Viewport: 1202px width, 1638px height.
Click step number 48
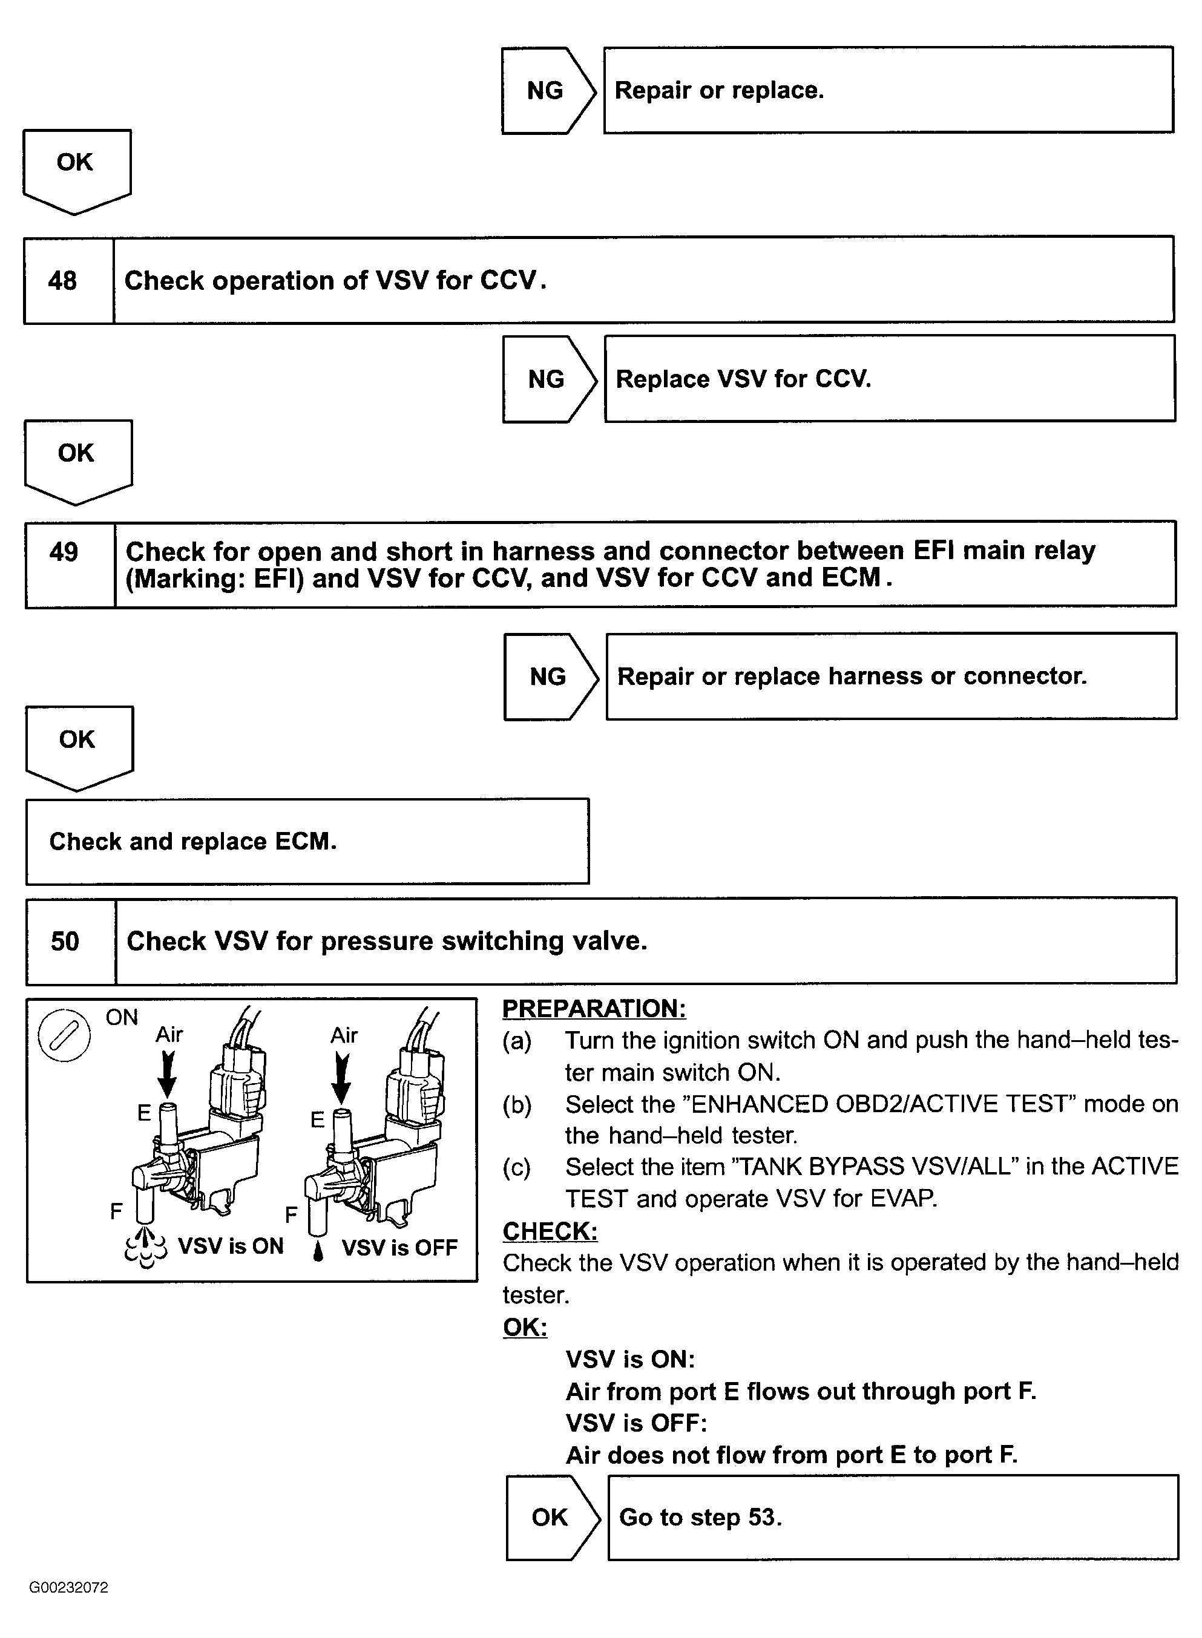pos(62,281)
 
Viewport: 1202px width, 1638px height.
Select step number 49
pos(64,552)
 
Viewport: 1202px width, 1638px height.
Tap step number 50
pos(65,941)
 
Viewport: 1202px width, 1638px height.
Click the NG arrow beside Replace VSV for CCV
pos(547,379)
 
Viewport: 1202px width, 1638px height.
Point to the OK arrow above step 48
pos(76,167)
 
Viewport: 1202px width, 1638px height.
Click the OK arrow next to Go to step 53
pos(551,1517)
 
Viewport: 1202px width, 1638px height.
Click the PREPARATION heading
pos(594,1009)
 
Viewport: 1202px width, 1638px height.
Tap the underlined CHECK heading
pos(550,1231)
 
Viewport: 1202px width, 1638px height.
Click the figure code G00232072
pos(68,1588)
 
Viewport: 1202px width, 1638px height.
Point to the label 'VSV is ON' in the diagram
pos(231,1246)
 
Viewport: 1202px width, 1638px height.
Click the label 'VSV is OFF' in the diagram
pos(399,1248)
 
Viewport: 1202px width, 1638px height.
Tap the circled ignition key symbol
pos(64,1035)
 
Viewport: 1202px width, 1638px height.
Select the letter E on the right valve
pos(317,1119)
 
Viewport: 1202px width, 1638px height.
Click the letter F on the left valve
pos(116,1211)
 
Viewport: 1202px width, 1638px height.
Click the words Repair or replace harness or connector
pos(852,676)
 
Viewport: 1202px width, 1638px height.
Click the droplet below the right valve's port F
pos(318,1252)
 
